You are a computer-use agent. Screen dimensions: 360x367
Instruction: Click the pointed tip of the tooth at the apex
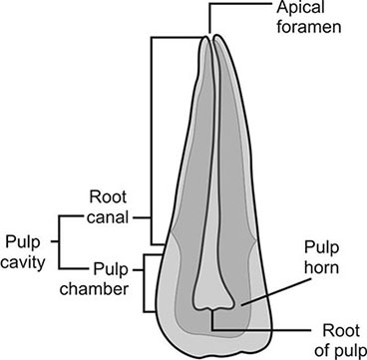click(211, 40)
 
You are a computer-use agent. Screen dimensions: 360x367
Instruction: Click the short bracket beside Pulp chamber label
click(147, 279)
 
